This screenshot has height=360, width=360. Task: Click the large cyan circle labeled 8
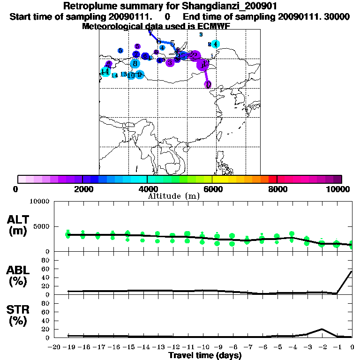point(135,64)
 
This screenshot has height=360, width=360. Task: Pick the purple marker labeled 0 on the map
point(208,84)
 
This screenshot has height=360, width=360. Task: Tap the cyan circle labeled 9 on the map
point(139,75)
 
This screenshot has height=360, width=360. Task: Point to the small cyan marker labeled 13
point(123,74)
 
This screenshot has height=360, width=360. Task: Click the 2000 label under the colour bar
point(82,189)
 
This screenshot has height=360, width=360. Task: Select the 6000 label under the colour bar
point(212,189)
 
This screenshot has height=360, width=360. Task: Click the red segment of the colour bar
point(272,179)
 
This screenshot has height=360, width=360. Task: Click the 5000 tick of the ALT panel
point(41,226)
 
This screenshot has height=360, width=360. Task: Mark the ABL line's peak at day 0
point(352,271)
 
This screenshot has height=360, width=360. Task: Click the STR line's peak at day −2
point(322,329)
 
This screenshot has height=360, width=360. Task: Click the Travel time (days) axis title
point(205,356)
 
